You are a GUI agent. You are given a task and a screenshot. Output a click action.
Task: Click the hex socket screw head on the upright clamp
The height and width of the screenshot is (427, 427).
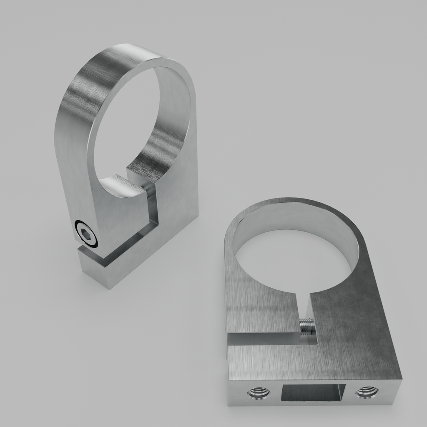click(x=86, y=234)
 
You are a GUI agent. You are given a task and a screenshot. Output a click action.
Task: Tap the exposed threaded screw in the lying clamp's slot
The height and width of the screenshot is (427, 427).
click(x=306, y=326)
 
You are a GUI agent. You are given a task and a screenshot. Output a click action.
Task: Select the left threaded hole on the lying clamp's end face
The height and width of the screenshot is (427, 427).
click(x=259, y=392)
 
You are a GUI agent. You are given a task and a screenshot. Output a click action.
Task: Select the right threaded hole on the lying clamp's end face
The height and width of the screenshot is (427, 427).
click(x=367, y=392)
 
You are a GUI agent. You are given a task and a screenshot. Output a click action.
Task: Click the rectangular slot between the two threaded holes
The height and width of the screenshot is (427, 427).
click(x=313, y=392)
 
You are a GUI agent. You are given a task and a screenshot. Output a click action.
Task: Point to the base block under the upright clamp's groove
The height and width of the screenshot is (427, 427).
click(x=108, y=273)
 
